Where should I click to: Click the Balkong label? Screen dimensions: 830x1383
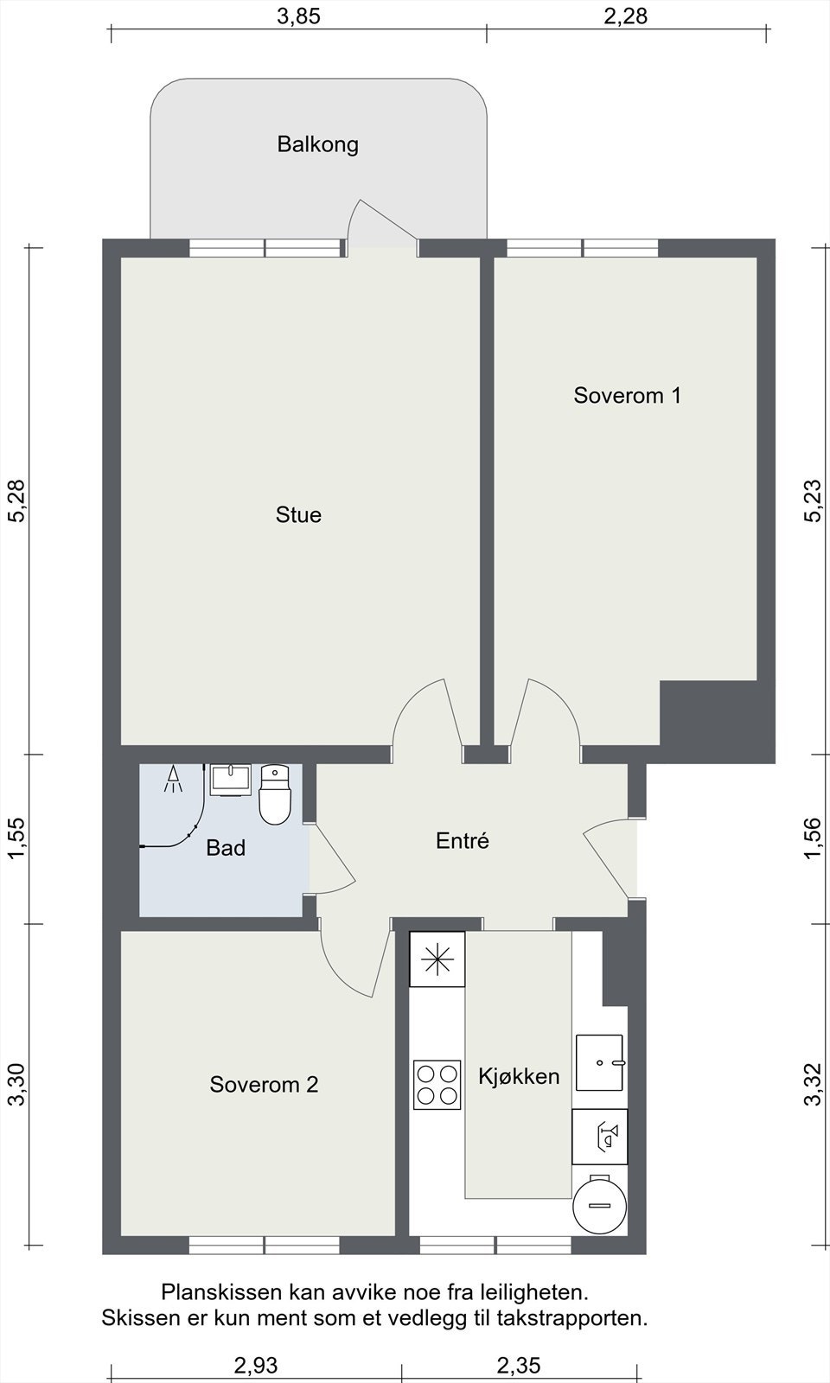tap(317, 144)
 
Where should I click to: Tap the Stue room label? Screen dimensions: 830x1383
tap(298, 515)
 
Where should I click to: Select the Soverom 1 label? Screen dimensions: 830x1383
tap(627, 395)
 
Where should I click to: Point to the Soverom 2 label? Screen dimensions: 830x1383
tap(264, 1084)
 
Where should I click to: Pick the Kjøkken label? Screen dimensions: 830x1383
tap(519, 1076)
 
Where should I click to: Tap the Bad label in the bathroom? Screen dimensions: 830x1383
tap(226, 848)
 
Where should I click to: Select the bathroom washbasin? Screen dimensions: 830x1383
tap(230, 780)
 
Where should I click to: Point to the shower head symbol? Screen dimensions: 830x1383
tap(174, 779)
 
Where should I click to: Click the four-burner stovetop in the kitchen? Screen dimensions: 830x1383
tap(437, 1084)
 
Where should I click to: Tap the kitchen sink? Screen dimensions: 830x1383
tap(600, 1062)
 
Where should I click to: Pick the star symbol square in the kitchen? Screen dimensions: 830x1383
tap(437, 959)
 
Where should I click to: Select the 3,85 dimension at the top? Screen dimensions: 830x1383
tap(298, 16)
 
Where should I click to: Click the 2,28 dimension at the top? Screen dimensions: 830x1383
tap(625, 16)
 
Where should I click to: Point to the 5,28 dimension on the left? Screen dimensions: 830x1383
tap(16, 500)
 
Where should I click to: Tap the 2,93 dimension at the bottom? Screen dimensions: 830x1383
tap(256, 1365)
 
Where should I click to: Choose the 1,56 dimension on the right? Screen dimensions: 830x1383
tap(813, 838)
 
